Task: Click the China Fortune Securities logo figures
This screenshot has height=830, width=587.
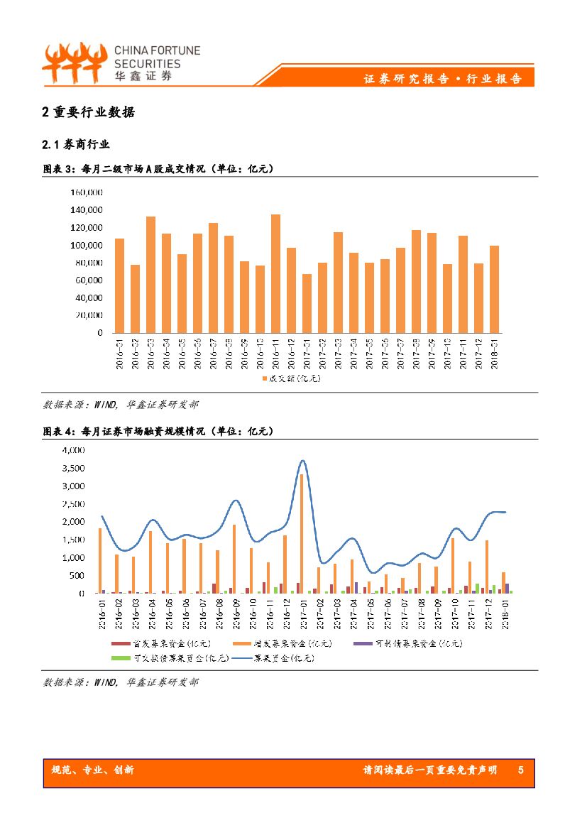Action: tap(74, 62)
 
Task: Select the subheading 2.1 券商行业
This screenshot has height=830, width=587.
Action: tap(77, 144)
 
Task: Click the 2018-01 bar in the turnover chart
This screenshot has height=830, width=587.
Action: tap(494, 289)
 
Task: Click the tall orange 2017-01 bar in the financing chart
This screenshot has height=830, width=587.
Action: tap(302, 533)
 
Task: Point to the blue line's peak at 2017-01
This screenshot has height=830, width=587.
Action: tap(303, 461)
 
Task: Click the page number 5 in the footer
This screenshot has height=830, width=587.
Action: tap(521, 770)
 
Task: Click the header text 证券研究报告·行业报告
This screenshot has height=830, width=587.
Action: tap(443, 79)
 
